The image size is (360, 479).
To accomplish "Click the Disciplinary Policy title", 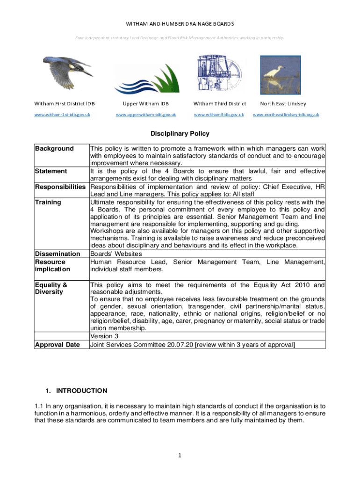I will (180, 134).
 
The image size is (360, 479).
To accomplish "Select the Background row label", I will (55, 149).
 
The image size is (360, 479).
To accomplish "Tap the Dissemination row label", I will (58, 254).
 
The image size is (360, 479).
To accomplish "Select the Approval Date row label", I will (58, 345).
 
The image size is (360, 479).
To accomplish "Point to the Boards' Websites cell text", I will (115, 254).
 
